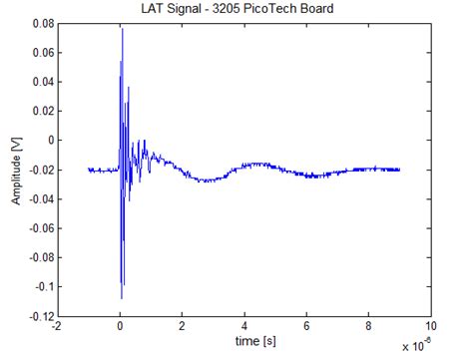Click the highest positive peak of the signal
tap(122, 29)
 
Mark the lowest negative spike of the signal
tap(121, 298)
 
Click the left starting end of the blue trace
tap(89, 170)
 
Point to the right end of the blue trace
tap(400, 170)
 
